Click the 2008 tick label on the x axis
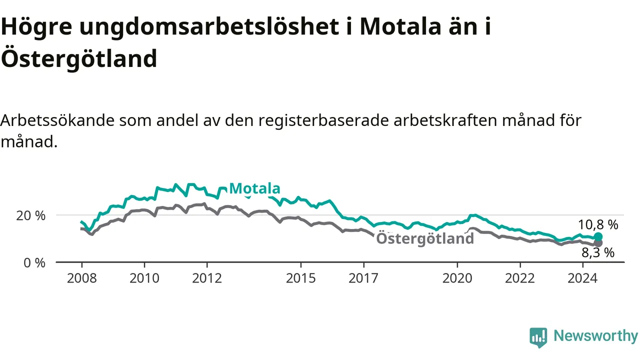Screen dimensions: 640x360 coord(81,278)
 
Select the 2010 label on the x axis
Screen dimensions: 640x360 coord(144,278)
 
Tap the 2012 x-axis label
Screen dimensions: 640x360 coord(207,278)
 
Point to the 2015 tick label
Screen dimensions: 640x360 coord(301,278)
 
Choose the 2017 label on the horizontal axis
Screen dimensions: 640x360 coord(363,278)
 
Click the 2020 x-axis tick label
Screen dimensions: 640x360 coord(457,278)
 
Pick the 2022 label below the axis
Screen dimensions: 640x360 coord(520,278)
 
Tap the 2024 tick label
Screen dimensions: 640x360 coord(582,278)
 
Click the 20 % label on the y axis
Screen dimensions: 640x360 coord(31,215)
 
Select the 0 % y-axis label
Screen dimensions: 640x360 coord(34,263)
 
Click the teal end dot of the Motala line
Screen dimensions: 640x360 coord(598,236)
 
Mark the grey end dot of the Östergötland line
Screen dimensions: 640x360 coord(598,243)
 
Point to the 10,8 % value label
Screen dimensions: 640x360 coord(598,225)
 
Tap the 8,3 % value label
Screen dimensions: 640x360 coord(598,253)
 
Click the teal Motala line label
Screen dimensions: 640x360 coord(254,188)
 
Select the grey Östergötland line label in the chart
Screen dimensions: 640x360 coord(425,238)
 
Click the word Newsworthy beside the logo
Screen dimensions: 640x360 coord(595,335)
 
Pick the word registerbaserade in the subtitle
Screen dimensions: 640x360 coord(323,120)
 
